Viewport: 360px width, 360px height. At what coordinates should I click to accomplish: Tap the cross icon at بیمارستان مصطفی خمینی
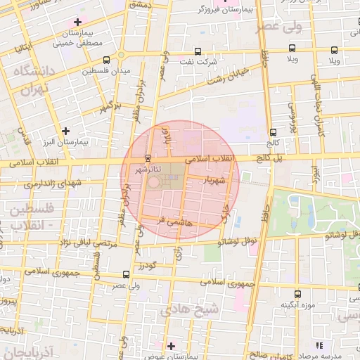click(x=77, y=22)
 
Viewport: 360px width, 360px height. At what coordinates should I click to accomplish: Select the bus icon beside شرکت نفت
click(x=197, y=51)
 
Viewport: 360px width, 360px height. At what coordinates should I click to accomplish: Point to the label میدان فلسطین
click(x=105, y=71)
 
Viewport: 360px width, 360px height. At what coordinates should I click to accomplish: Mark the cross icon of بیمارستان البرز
click(x=66, y=130)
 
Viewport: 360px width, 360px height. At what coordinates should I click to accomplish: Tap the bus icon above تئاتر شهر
click(x=146, y=157)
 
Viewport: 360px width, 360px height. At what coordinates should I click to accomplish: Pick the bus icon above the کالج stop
click(x=274, y=131)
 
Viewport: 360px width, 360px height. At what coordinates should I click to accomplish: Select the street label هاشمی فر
click(x=171, y=219)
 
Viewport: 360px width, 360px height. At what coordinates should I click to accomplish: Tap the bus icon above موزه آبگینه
click(x=297, y=293)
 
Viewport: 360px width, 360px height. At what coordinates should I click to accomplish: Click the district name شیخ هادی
click(x=189, y=309)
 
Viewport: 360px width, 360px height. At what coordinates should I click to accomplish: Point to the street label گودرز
click(x=146, y=266)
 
